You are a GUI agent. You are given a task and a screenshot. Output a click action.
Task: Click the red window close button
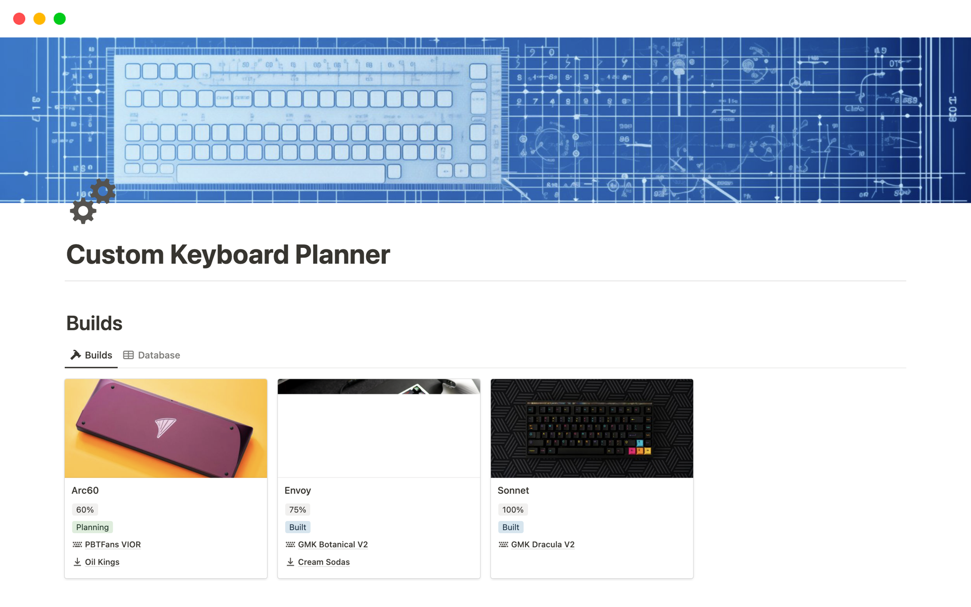[19, 19]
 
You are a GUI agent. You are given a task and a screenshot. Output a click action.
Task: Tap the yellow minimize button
[39, 19]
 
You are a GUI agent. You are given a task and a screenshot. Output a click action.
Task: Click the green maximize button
[60, 19]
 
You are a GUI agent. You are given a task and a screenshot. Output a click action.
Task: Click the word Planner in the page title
[342, 254]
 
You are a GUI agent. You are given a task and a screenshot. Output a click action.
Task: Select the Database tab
[152, 355]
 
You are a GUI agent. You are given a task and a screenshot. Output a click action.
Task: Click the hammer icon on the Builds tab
[76, 355]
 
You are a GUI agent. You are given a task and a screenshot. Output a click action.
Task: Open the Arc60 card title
[85, 490]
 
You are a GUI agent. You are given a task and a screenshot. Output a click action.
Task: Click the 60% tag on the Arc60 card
[84, 509]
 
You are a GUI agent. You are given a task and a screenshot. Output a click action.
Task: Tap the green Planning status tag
[92, 527]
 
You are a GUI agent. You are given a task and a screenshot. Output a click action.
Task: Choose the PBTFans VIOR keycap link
[112, 544]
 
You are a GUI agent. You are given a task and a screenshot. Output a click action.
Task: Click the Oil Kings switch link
[102, 562]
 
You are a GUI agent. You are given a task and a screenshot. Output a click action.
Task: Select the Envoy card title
[297, 490]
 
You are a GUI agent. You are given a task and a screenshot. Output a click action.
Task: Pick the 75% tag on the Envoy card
[297, 509]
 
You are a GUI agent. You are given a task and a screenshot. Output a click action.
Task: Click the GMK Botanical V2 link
[332, 544]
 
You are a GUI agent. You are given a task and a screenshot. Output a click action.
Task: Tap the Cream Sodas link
[323, 562]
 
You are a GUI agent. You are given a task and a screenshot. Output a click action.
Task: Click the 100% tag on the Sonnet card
[512, 509]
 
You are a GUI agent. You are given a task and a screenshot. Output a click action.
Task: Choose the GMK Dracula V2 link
[542, 544]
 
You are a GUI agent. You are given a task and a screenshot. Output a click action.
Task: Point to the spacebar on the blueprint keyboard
[281, 174]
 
